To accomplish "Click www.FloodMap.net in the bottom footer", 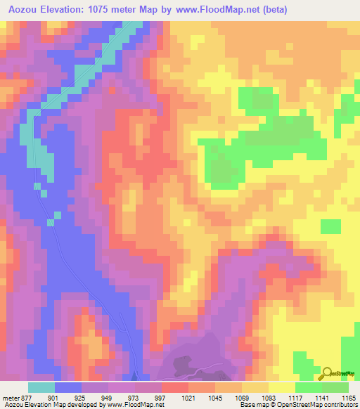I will [x=131, y=404].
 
